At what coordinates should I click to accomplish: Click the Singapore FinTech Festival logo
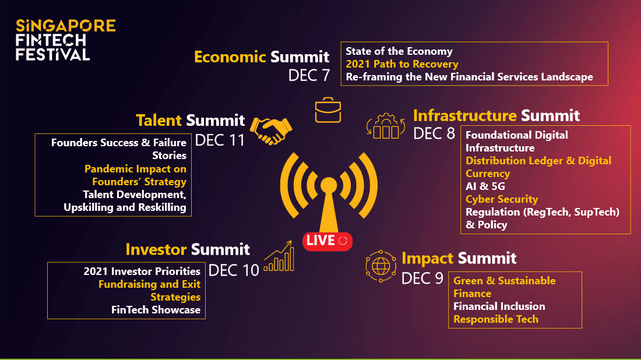coord(65,40)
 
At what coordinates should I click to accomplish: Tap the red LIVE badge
coord(327,241)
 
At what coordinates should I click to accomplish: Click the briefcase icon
coord(328,110)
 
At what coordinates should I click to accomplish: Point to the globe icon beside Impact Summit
coord(381,266)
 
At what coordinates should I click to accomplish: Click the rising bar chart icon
coord(279,256)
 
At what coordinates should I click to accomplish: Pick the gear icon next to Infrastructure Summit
coord(386,126)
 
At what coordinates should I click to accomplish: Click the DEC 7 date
coord(309,75)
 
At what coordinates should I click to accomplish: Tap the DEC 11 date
coord(220,140)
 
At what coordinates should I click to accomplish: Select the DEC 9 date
coord(422,278)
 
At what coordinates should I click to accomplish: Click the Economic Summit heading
coord(262,57)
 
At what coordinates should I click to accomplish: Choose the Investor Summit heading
coord(188,249)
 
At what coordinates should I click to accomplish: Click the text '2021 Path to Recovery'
coord(402,64)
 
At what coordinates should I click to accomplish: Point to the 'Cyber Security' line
coord(502,199)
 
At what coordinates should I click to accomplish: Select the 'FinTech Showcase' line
coord(156,310)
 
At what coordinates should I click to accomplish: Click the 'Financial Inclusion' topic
coord(499,306)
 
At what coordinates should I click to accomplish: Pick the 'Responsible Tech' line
coord(496,319)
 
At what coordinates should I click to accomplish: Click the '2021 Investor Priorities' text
coord(142,271)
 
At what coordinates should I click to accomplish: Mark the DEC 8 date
coord(434,133)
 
